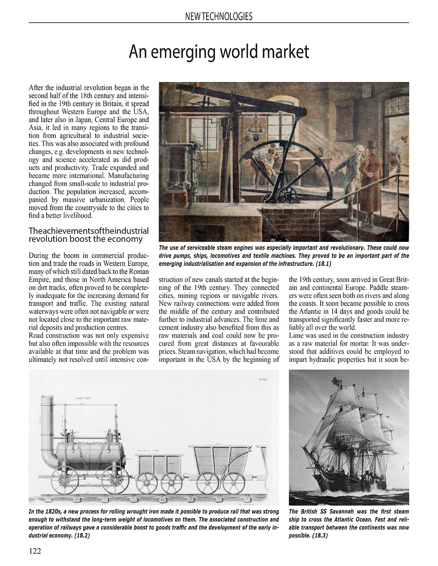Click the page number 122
pyautogui.click(x=35, y=551)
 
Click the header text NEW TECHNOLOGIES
pyautogui.click(x=218, y=17)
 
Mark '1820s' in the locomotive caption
pyautogui.click(x=49, y=512)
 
